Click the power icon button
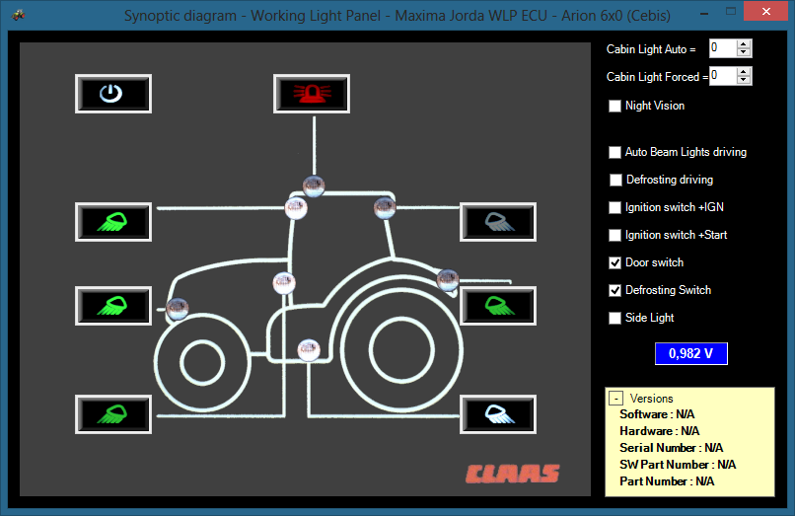click(x=113, y=94)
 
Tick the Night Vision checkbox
click(x=614, y=106)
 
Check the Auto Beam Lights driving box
click(x=614, y=152)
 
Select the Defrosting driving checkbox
click(x=615, y=181)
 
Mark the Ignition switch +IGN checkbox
click(x=614, y=207)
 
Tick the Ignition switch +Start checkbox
click(x=614, y=235)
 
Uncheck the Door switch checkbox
click(x=614, y=262)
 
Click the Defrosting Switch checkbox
click(x=614, y=290)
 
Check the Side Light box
click(x=614, y=318)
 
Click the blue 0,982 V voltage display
click(x=691, y=353)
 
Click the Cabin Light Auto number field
click(x=722, y=48)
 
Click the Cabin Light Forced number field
click(x=722, y=76)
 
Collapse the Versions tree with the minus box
click(x=616, y=399)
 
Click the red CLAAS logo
click(x=513, y=474)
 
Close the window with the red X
click(x=765, y=11)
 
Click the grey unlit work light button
click(x=498, y=222)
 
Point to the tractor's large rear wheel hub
click(x=401, y=350)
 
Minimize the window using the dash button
click(x=704, y=14)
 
